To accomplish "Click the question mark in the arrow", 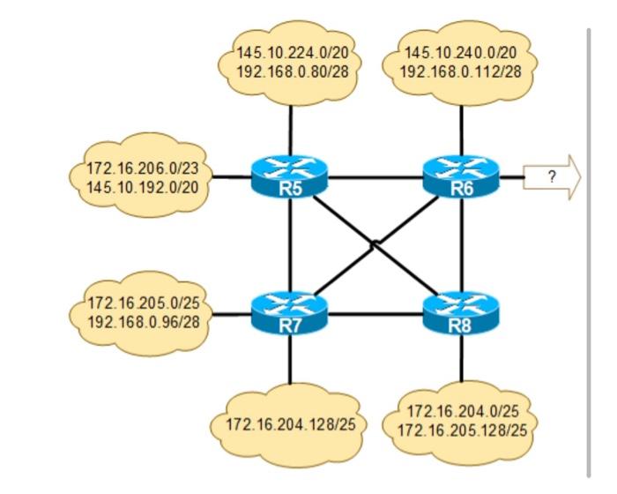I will (x=552, y=176).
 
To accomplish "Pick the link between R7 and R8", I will (x=375, y=313).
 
